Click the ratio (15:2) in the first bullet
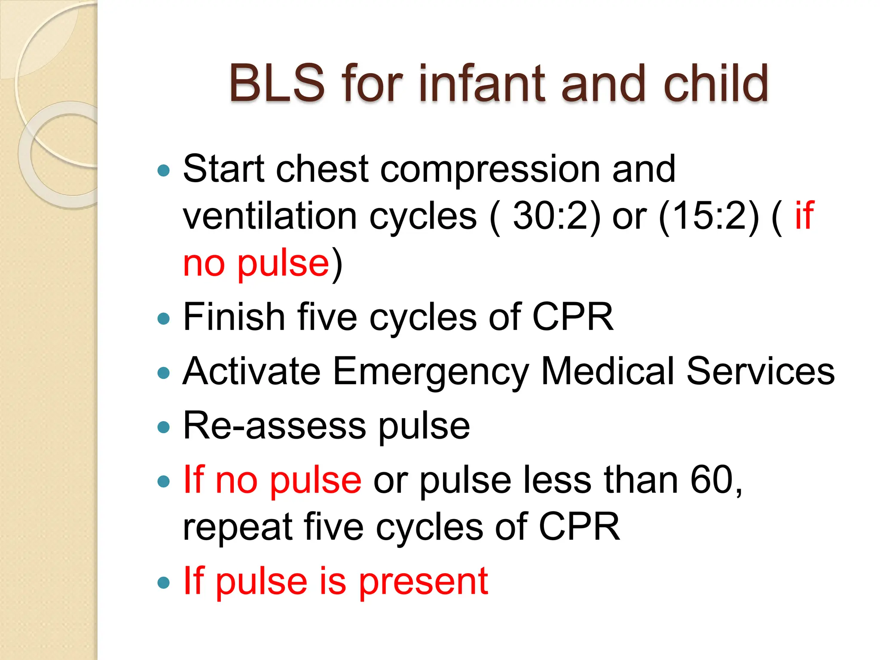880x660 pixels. [x=709, y=216]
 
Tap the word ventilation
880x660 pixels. [x=270, y=216]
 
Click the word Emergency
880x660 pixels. [x=431, y=372]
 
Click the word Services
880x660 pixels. [x=761, y=371]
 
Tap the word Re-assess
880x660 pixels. [x=274, y=426]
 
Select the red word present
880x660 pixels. [x=423, y=583]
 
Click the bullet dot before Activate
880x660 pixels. [x=164, y=373]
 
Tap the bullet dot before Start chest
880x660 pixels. [x=164, y=171]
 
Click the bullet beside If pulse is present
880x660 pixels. [x=164, y=583]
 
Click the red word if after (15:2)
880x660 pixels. [x=804, y=215]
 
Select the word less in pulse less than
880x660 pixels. [x=557, y=480]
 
